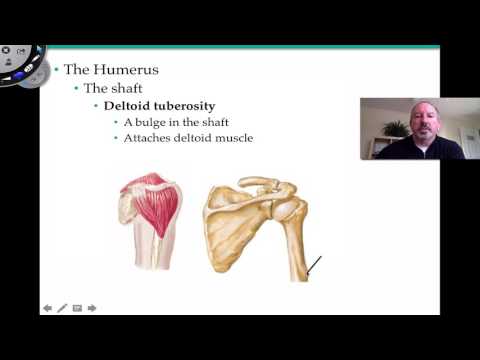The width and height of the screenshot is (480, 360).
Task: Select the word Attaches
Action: [150, 137]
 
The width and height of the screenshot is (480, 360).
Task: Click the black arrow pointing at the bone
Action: [313, 266]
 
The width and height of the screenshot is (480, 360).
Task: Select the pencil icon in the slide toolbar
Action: [62, 308]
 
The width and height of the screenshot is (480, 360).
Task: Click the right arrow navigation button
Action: [92, 308]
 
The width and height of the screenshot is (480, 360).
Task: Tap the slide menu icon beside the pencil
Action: [77, 308]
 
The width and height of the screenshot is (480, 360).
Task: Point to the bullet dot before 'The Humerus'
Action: [57, 70]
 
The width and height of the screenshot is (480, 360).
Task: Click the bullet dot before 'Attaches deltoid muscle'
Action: [116, 138]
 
